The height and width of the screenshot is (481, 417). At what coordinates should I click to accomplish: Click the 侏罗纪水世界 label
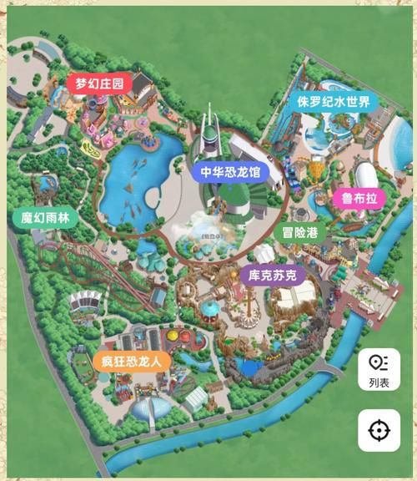(333, 102)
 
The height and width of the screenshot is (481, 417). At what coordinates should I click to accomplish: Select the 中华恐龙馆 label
(230, 173)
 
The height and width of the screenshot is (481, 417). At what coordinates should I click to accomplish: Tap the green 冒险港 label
(299, 233)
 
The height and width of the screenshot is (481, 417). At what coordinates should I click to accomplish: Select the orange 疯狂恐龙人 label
(132, 362)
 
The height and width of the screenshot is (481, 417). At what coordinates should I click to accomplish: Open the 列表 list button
(379, 369)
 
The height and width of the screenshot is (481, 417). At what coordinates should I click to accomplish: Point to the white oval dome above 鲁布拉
(370, 175)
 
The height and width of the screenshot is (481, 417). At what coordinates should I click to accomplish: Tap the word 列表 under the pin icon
(379, 383)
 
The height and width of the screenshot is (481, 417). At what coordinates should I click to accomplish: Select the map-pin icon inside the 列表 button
(379, 362)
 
